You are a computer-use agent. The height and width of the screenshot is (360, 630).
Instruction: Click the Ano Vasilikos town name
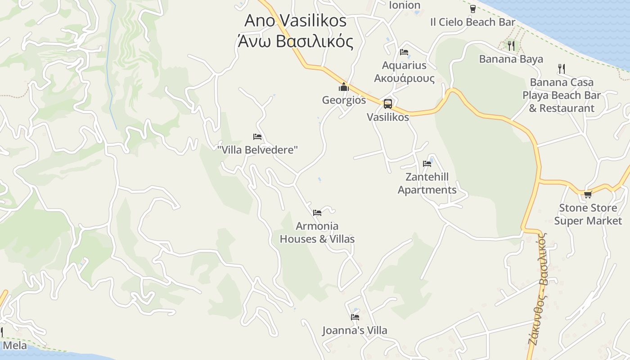296,21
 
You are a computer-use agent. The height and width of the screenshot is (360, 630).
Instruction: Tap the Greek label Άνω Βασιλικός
296,41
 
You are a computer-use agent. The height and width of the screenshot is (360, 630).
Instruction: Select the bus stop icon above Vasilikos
387,104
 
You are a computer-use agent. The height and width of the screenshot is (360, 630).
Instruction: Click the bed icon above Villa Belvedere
257,137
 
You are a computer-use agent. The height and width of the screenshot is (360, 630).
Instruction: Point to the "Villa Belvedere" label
257,150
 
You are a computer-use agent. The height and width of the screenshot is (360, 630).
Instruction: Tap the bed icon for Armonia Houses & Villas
317,213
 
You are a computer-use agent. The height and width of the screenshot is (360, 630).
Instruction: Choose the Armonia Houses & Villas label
317,233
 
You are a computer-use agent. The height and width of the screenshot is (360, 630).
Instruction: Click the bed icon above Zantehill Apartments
427,164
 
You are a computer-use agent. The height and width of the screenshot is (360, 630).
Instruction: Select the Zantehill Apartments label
427,183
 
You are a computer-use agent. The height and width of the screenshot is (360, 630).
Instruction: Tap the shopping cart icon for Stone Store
588,195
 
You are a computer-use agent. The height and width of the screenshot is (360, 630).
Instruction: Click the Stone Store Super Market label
588,214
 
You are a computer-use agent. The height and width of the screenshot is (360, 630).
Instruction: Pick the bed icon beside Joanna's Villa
355,317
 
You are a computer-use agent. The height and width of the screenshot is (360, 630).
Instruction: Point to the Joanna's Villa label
355,331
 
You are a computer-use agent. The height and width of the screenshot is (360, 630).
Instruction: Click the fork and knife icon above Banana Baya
511,45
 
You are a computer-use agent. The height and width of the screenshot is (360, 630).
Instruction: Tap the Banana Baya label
511,59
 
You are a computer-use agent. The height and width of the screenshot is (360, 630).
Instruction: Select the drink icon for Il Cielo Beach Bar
473,9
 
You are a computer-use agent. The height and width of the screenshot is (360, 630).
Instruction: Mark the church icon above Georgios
344,87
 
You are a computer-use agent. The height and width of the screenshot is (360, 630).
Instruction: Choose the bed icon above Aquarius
404,52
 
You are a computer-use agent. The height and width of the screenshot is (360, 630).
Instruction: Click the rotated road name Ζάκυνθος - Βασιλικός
538,289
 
